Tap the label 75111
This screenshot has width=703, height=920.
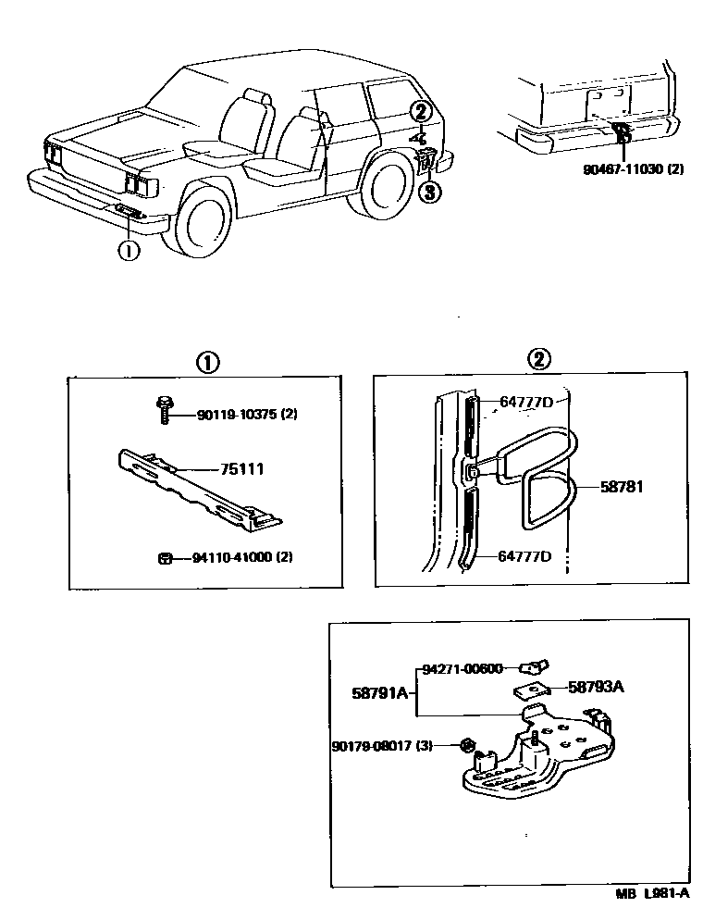[241, 469]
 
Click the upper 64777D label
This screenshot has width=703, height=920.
[525, 402]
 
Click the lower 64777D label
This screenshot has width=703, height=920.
[524, 555]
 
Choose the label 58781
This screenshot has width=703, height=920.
[622, 485]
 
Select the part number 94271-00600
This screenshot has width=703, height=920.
[462, 668]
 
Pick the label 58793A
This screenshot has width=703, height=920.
[596, 687]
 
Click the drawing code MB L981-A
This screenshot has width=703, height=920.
[653, 894]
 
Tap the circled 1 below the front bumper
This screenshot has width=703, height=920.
[128, 249]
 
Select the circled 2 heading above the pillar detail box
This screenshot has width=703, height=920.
[538, 361]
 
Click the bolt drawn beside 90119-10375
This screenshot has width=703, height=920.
[164, 409]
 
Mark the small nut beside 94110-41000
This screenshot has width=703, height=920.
[165, 558]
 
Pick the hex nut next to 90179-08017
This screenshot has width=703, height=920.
[468, 745]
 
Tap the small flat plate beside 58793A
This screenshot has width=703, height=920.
[532, 690]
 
